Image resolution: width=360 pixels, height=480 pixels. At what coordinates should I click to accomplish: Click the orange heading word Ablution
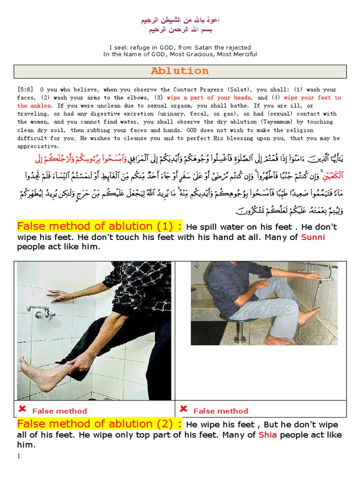click(x=180, y=71)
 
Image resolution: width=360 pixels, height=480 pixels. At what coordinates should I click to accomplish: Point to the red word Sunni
click(x=313, y=237)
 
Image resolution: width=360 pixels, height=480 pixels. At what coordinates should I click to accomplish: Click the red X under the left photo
click(x=22, y=409)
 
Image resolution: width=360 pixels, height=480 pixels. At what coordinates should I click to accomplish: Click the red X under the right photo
click(x=183, y=409)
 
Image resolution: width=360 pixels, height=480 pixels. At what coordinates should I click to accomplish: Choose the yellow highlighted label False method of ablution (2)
click(x=99, y=424)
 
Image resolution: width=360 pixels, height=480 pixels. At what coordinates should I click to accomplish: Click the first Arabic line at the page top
click(x=180, y=21)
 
